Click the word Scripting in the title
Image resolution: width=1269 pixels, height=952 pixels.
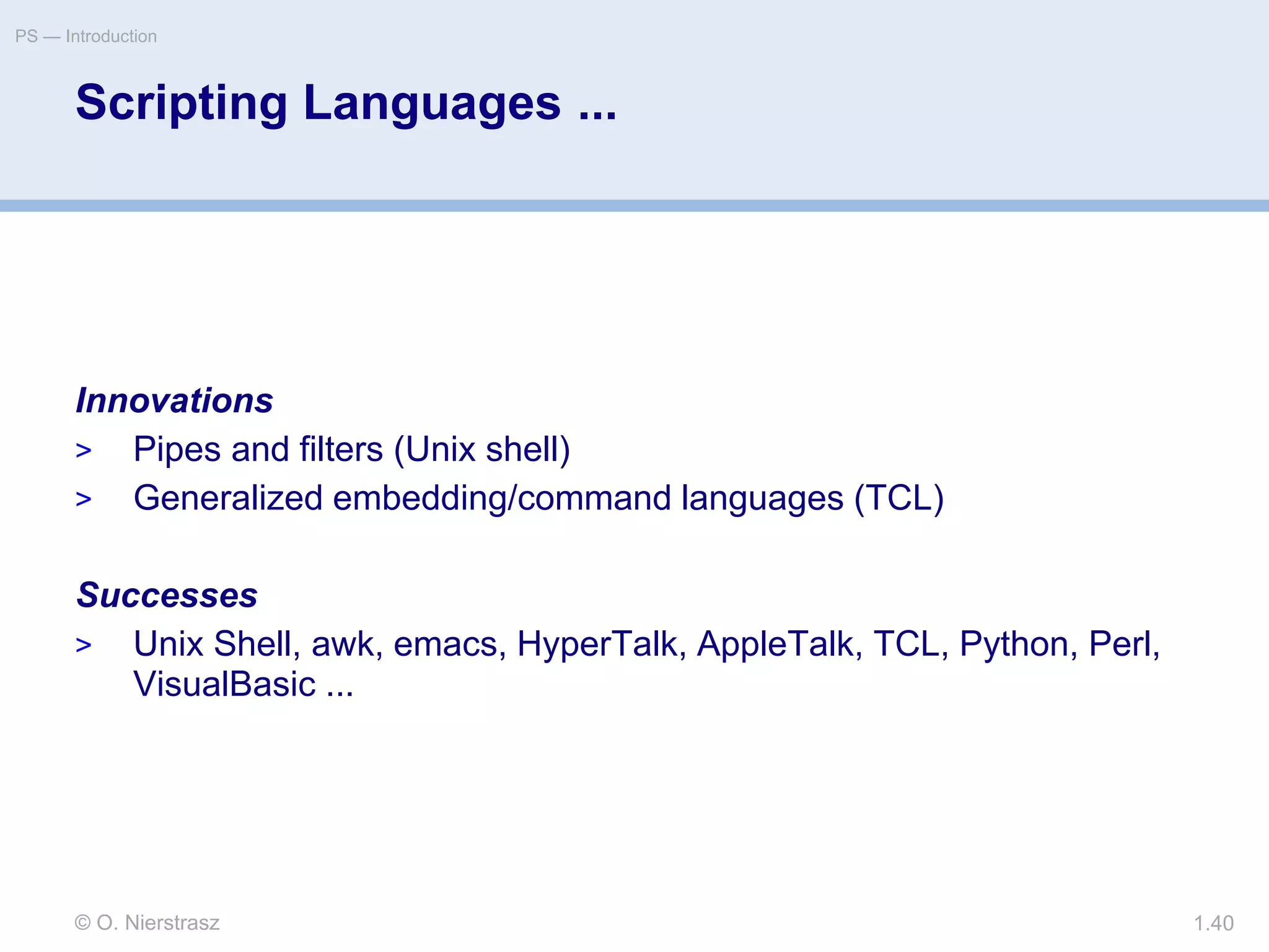click(x=182, y=103)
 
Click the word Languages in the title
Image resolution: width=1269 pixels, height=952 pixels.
click(x=432, y=103)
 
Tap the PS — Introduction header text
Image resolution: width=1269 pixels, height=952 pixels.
click(x=86, y=37)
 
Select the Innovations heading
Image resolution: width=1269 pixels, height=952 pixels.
click(x=174, y=400)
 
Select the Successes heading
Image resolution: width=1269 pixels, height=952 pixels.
click(x=167, y=595)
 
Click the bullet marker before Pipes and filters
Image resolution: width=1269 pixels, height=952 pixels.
click(x=84, y=451)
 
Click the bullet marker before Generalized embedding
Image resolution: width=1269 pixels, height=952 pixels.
click(x=84, y=499)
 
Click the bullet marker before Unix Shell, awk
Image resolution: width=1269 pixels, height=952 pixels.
click(x=84, y=645)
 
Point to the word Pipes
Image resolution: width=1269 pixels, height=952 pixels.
click(x=177, y=449)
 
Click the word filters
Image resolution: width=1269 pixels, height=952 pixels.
click(x=341, y=449)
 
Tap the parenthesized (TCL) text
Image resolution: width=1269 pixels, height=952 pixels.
click(x=898, y=498)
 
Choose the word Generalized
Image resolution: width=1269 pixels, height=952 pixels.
click(x=228, y=498)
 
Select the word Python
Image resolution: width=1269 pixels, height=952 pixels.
click(x=1014, y=644)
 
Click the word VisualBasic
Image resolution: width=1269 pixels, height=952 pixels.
click(x=224, y=684)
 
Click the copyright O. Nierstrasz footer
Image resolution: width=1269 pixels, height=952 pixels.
click(x=147, y=923)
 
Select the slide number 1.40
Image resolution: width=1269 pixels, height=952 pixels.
click(x=1213, y=923)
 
